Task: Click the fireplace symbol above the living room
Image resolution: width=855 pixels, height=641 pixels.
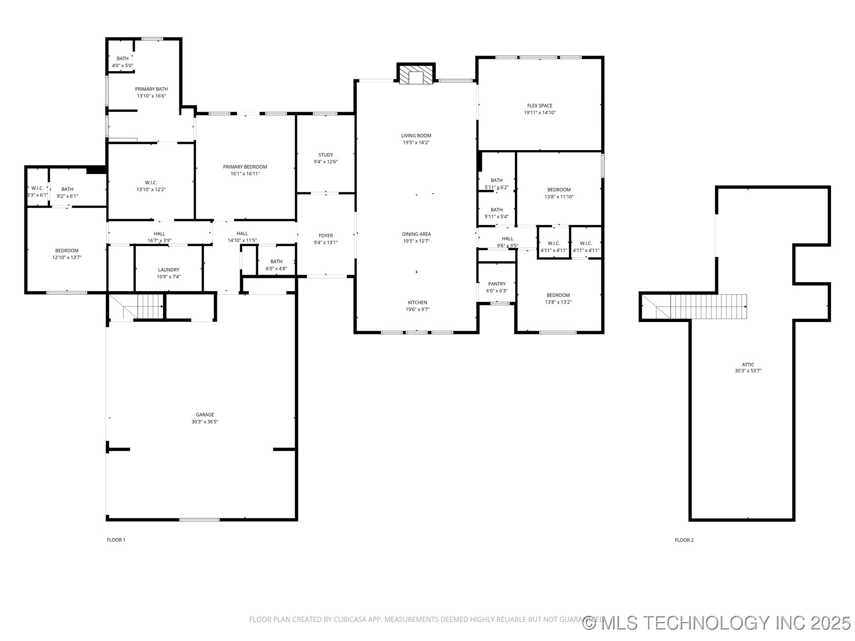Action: (415, 76)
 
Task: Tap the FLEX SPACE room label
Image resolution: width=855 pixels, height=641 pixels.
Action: (539, 105)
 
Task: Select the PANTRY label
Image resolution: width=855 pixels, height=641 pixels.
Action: (497, 284)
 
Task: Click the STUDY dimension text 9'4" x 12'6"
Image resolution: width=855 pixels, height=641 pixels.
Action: (326, 162)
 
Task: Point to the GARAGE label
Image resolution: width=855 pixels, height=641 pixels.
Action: (205, 414)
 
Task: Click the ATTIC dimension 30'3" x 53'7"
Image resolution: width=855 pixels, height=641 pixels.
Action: (748, 371)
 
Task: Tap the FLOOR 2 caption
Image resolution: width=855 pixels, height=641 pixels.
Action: (684, 540)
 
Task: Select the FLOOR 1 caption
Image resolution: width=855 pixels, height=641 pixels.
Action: (116, 540)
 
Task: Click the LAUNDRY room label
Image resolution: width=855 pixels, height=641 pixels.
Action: (168, 270)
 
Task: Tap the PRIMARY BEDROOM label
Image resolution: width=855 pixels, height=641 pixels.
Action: (245, 167)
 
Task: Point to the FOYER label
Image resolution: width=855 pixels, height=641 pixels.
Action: (326, 235)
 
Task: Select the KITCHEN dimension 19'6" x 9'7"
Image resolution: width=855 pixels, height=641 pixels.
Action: (417, 309)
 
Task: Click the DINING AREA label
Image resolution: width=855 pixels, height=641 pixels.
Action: (416, 234)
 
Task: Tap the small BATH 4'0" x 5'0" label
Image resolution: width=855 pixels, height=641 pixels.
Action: (122, 58)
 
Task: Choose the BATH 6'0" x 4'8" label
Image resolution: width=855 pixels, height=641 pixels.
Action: (276, 261)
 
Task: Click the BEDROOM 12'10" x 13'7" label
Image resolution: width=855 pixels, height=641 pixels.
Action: (67, 251)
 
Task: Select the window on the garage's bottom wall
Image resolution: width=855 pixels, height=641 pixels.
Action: (199, 519)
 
